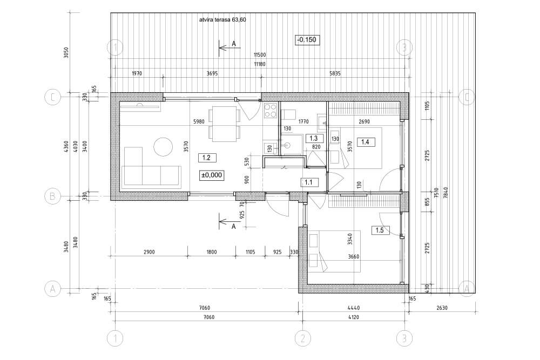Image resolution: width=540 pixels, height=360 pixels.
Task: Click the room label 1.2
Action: pos(207,158)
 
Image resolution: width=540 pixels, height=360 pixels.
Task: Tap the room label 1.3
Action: pos(314,138)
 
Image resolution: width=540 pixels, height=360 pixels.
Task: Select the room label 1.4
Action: pos(366,141)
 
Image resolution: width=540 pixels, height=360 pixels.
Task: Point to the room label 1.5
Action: pos(380,230)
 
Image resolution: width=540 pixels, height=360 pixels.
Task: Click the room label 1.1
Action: pos(308,182)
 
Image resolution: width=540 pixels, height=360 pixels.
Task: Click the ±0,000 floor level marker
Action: pos(212,175)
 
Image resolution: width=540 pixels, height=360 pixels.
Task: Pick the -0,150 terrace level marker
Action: pos(306,40)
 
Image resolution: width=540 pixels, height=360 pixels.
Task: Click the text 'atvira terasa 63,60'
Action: pos(222,19)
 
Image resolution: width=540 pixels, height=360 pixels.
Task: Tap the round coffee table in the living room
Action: pos(163,146)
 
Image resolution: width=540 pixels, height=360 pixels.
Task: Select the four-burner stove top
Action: pos(271,111)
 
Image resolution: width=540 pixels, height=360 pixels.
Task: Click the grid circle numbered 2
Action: pos(303,338)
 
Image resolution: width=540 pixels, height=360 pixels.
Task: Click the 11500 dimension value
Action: pos(260,55)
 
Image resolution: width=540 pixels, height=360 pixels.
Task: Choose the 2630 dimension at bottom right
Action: pos(442,308)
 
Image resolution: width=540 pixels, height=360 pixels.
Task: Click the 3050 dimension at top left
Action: pos(66,52)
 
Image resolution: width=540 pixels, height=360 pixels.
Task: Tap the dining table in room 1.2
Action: pos(224,124)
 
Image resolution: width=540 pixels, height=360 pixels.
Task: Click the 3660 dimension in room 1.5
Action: pos(354,256)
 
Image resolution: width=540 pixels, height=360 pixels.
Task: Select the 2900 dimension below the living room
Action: pos(149,252)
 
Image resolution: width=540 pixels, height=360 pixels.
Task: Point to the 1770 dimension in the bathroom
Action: pos(303,121)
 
